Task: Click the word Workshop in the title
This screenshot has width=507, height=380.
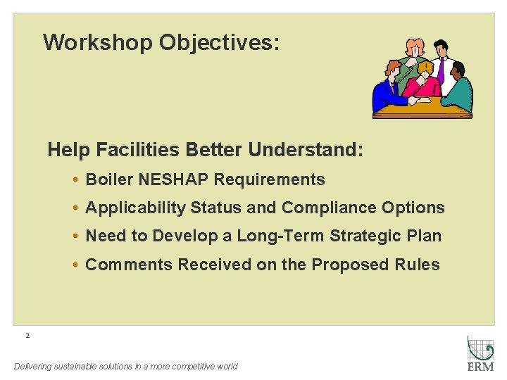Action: point(97,42)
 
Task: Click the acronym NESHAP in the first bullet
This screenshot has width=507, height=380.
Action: point(174,179)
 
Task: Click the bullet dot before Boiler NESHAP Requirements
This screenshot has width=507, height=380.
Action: point(75,180)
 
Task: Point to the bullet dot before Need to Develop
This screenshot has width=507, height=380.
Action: point(75,236)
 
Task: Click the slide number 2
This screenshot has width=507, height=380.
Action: point(27,336)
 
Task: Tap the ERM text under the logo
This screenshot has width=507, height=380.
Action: point(480,367)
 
